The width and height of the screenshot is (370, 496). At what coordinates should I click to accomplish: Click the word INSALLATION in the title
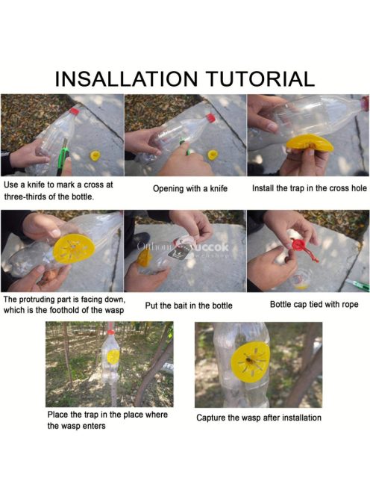pyautogui.click(x=127, y=78)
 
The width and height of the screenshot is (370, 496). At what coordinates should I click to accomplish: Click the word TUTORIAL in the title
pyautogui.click(x=260, y=78)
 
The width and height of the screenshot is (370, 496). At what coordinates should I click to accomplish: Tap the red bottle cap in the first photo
pyautogui.click(x=74, y=111)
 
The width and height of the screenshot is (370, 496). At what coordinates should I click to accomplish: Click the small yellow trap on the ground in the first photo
pyautogui.click(x=95, y=155)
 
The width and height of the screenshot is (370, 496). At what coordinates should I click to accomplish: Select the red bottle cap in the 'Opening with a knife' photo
pyautogui.click(x=211, y=118)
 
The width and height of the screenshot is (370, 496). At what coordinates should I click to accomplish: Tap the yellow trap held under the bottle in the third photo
pyautogui.click(x=310, y=144)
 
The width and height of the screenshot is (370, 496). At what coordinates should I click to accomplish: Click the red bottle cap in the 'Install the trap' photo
pyautogui.click(x=365, y=103)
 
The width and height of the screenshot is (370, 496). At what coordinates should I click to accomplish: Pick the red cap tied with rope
pyautogui.click(x=298, y=245)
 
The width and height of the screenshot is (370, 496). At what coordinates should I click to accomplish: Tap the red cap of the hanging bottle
pyautogui.click(x=110, y=332)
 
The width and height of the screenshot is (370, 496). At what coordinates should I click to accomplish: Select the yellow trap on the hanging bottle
pyautogui.click(x=113, y=356)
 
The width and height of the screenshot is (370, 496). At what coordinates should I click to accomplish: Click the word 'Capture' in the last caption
pyautogui.click(x=210, y=418)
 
